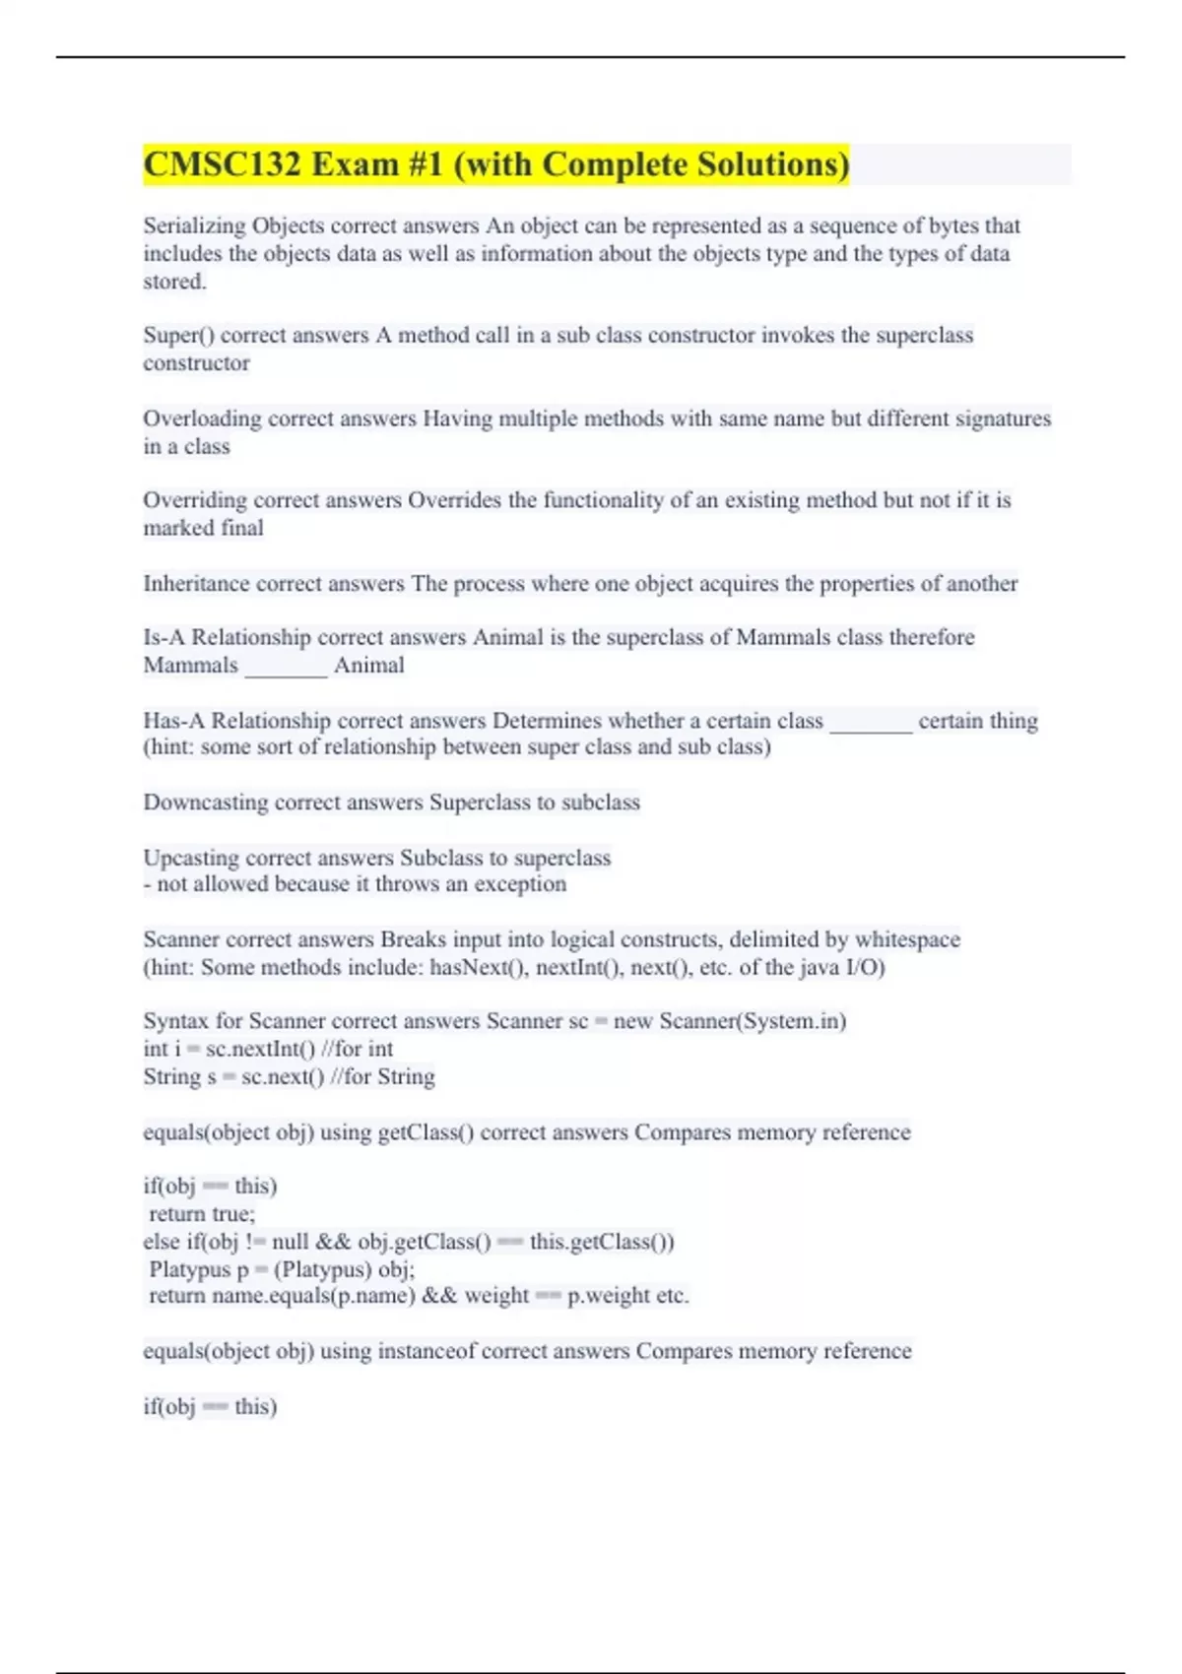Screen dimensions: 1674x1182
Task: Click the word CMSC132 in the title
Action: (x=222, y=164)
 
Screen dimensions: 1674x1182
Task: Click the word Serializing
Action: (x=194, y=226)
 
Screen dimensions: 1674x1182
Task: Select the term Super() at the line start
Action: (x=178, y=336)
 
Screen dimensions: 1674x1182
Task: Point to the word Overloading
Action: (x=202, y=418)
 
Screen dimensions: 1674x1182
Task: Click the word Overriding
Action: (x=195, y=500)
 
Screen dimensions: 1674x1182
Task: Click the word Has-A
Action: (x=173, y=721)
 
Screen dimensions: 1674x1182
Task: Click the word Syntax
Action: (x=175, y=1021)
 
